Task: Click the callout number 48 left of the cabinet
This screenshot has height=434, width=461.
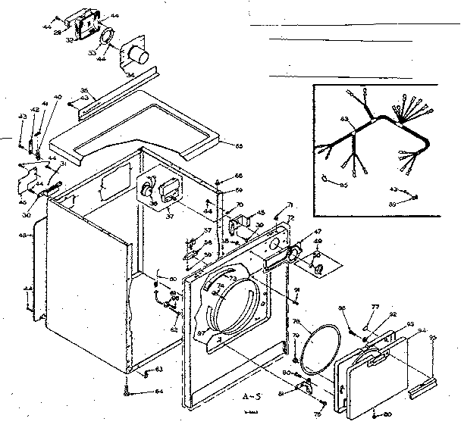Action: (22, 236)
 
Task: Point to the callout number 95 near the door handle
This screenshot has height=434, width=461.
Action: (433, 337)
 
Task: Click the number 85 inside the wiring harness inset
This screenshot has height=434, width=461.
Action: (343, 185)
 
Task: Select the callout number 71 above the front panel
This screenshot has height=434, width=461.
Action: (289, 206)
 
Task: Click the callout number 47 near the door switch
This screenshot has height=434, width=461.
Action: (317, 231)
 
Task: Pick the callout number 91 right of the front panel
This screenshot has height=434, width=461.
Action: (297, 289)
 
